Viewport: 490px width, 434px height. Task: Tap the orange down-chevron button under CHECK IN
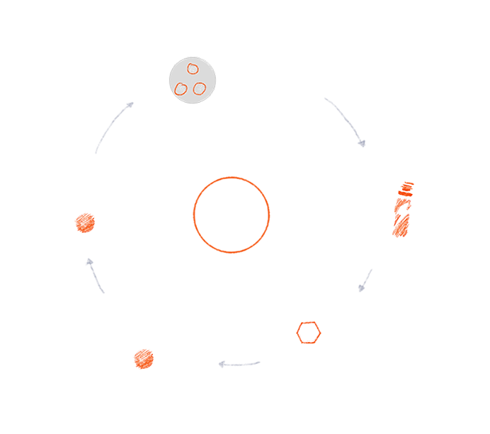85,222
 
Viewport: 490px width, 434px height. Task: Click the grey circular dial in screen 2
192,79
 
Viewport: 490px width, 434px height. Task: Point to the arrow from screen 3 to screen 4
365,280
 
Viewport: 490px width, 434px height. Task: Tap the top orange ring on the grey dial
193,68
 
